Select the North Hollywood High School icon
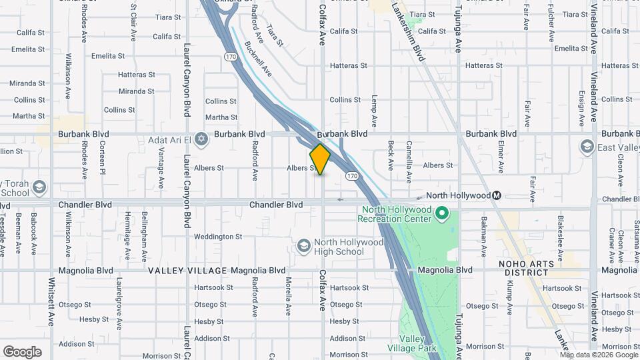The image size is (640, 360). (x=304, y=247)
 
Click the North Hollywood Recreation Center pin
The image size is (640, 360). (x=441, y=213)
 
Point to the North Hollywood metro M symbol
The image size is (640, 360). (x=497, y=195)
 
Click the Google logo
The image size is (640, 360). (x=22, y=352)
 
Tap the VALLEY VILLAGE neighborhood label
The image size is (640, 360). (x=188, y=271)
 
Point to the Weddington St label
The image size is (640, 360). (x=218, y=237)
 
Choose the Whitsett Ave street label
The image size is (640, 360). (x=51, y=301)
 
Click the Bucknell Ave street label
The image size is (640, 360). (x=258, y=58)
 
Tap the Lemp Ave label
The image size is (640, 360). (x=375, y=107)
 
